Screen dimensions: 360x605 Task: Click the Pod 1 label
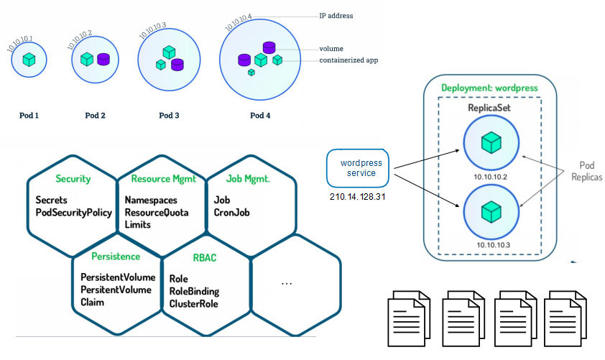[29, 114]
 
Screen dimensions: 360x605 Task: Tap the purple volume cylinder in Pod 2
[103, 59]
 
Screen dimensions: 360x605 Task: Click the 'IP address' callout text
[336, 15]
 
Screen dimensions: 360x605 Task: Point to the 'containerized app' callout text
[348, 60]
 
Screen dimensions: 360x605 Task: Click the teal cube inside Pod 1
[29, 60]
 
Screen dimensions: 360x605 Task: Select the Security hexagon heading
[73, 178]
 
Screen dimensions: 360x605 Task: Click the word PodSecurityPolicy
[74, 212]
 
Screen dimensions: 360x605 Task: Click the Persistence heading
[116, 256]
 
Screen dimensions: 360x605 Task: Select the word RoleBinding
[194, 291]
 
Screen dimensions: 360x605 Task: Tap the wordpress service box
[358, 168]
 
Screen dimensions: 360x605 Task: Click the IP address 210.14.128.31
[358, 195]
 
